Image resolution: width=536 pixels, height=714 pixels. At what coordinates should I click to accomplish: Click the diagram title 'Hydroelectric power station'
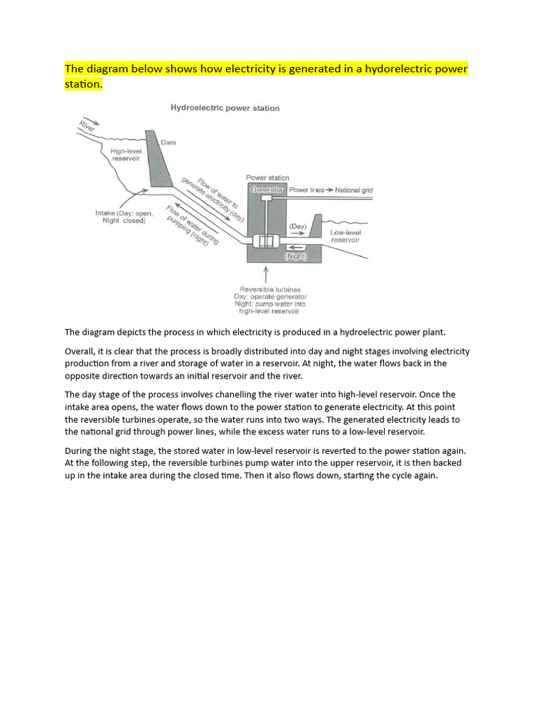225,108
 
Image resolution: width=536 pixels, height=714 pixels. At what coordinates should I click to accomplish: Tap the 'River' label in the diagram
87,127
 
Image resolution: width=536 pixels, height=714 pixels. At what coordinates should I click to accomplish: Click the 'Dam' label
169,142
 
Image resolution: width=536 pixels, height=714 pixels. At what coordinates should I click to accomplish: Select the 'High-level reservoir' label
127,154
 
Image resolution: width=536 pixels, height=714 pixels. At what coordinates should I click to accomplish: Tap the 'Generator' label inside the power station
267,190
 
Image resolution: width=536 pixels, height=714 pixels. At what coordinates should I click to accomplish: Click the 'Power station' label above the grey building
267,178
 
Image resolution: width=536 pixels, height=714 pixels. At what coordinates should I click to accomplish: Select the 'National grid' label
354,190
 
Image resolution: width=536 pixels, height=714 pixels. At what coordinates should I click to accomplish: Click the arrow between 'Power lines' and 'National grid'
329,190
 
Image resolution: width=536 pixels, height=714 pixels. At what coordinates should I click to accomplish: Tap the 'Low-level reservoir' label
345,236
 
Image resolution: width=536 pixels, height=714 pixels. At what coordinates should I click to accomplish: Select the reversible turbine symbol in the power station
265,241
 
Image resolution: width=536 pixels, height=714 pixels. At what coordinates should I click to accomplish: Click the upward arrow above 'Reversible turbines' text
266,273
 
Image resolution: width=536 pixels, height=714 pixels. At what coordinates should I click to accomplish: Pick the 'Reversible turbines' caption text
270,289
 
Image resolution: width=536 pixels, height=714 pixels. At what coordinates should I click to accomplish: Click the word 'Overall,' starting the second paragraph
81,351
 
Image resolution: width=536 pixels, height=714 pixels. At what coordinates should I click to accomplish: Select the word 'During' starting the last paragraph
81,450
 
